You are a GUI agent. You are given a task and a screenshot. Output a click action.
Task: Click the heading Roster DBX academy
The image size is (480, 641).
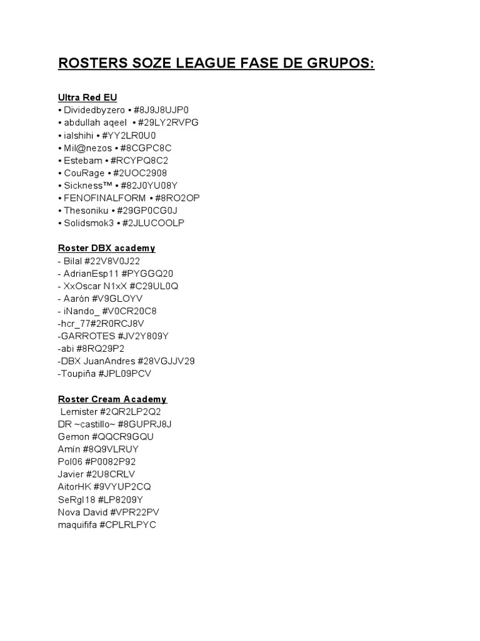(x=107, y=248)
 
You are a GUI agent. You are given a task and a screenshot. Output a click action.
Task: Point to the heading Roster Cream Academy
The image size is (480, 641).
(x=112, y=399)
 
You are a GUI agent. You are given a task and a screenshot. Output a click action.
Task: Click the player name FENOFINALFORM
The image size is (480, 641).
(x=105, y=198)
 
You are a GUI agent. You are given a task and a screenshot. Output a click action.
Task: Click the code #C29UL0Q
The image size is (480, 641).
(x=154, y=285)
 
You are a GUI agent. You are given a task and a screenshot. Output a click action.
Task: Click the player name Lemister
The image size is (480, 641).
(x=80, y=412)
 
